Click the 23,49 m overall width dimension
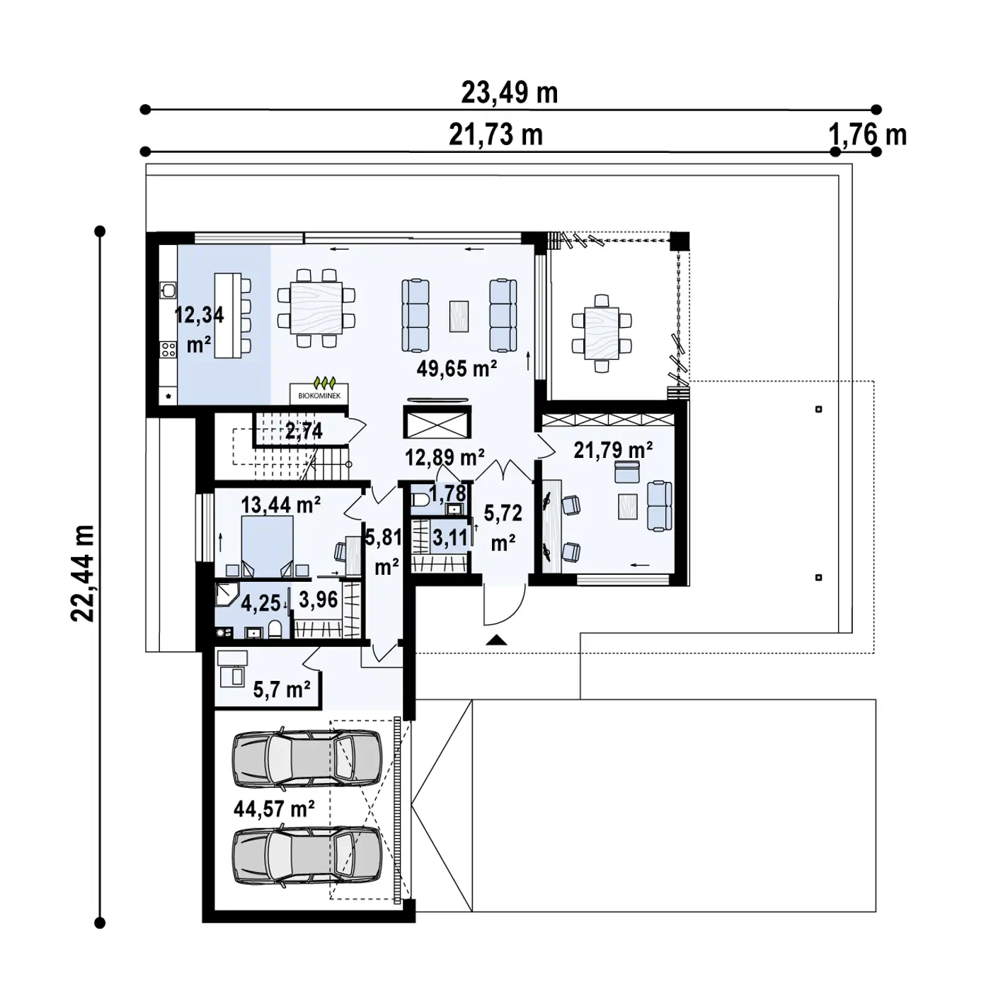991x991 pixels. pos(509,93)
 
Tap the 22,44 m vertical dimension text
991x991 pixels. pos(83,573)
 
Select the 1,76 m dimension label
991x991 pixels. pos(868,135)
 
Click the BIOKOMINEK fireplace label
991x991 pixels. pos(319,396)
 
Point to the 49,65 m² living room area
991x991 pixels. pos(457,369)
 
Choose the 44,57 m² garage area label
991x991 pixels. pos(274,809)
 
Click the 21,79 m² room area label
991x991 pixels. pos(613,450)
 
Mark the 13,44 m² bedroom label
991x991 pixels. pos(281,505)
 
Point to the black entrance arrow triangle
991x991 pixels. pos(496,641)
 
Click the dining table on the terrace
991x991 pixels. pos(601,333)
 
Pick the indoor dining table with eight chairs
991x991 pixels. pos(316,308)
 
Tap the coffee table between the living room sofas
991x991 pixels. pos(459,316)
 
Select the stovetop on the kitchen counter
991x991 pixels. pos(168,350)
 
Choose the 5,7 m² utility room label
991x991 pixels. pos(281,689)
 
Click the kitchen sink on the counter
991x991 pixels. pos(168,290)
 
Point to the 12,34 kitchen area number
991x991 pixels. pos(200,315)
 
